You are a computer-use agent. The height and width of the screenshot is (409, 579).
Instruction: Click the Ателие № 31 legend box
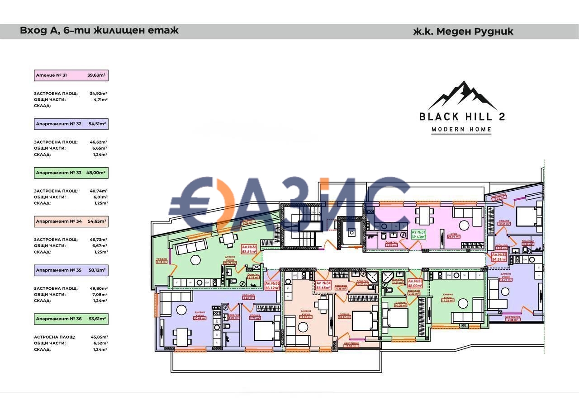71,75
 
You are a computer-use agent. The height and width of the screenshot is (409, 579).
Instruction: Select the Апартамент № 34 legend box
71,221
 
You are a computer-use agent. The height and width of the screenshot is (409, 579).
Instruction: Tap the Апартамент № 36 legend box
71,319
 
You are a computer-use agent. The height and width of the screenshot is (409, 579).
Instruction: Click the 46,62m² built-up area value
98,142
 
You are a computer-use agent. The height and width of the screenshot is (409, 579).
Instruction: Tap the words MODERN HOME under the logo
461,130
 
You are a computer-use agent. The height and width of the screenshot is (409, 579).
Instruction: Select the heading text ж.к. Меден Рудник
463,32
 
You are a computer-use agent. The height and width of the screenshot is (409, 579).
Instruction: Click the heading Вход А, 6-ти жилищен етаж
100,31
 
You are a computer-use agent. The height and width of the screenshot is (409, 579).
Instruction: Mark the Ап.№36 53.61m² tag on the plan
249,249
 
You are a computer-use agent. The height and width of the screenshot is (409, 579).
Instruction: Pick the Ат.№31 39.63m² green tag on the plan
419,234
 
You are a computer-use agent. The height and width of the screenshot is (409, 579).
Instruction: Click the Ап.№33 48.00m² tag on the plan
415,283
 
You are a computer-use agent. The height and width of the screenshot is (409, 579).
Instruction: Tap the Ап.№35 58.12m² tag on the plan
272,285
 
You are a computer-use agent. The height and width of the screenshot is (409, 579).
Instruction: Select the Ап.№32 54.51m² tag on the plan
499,257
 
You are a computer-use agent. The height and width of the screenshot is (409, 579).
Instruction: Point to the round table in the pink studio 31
465,225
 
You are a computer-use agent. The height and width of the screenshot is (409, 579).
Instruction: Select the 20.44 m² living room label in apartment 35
199,316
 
